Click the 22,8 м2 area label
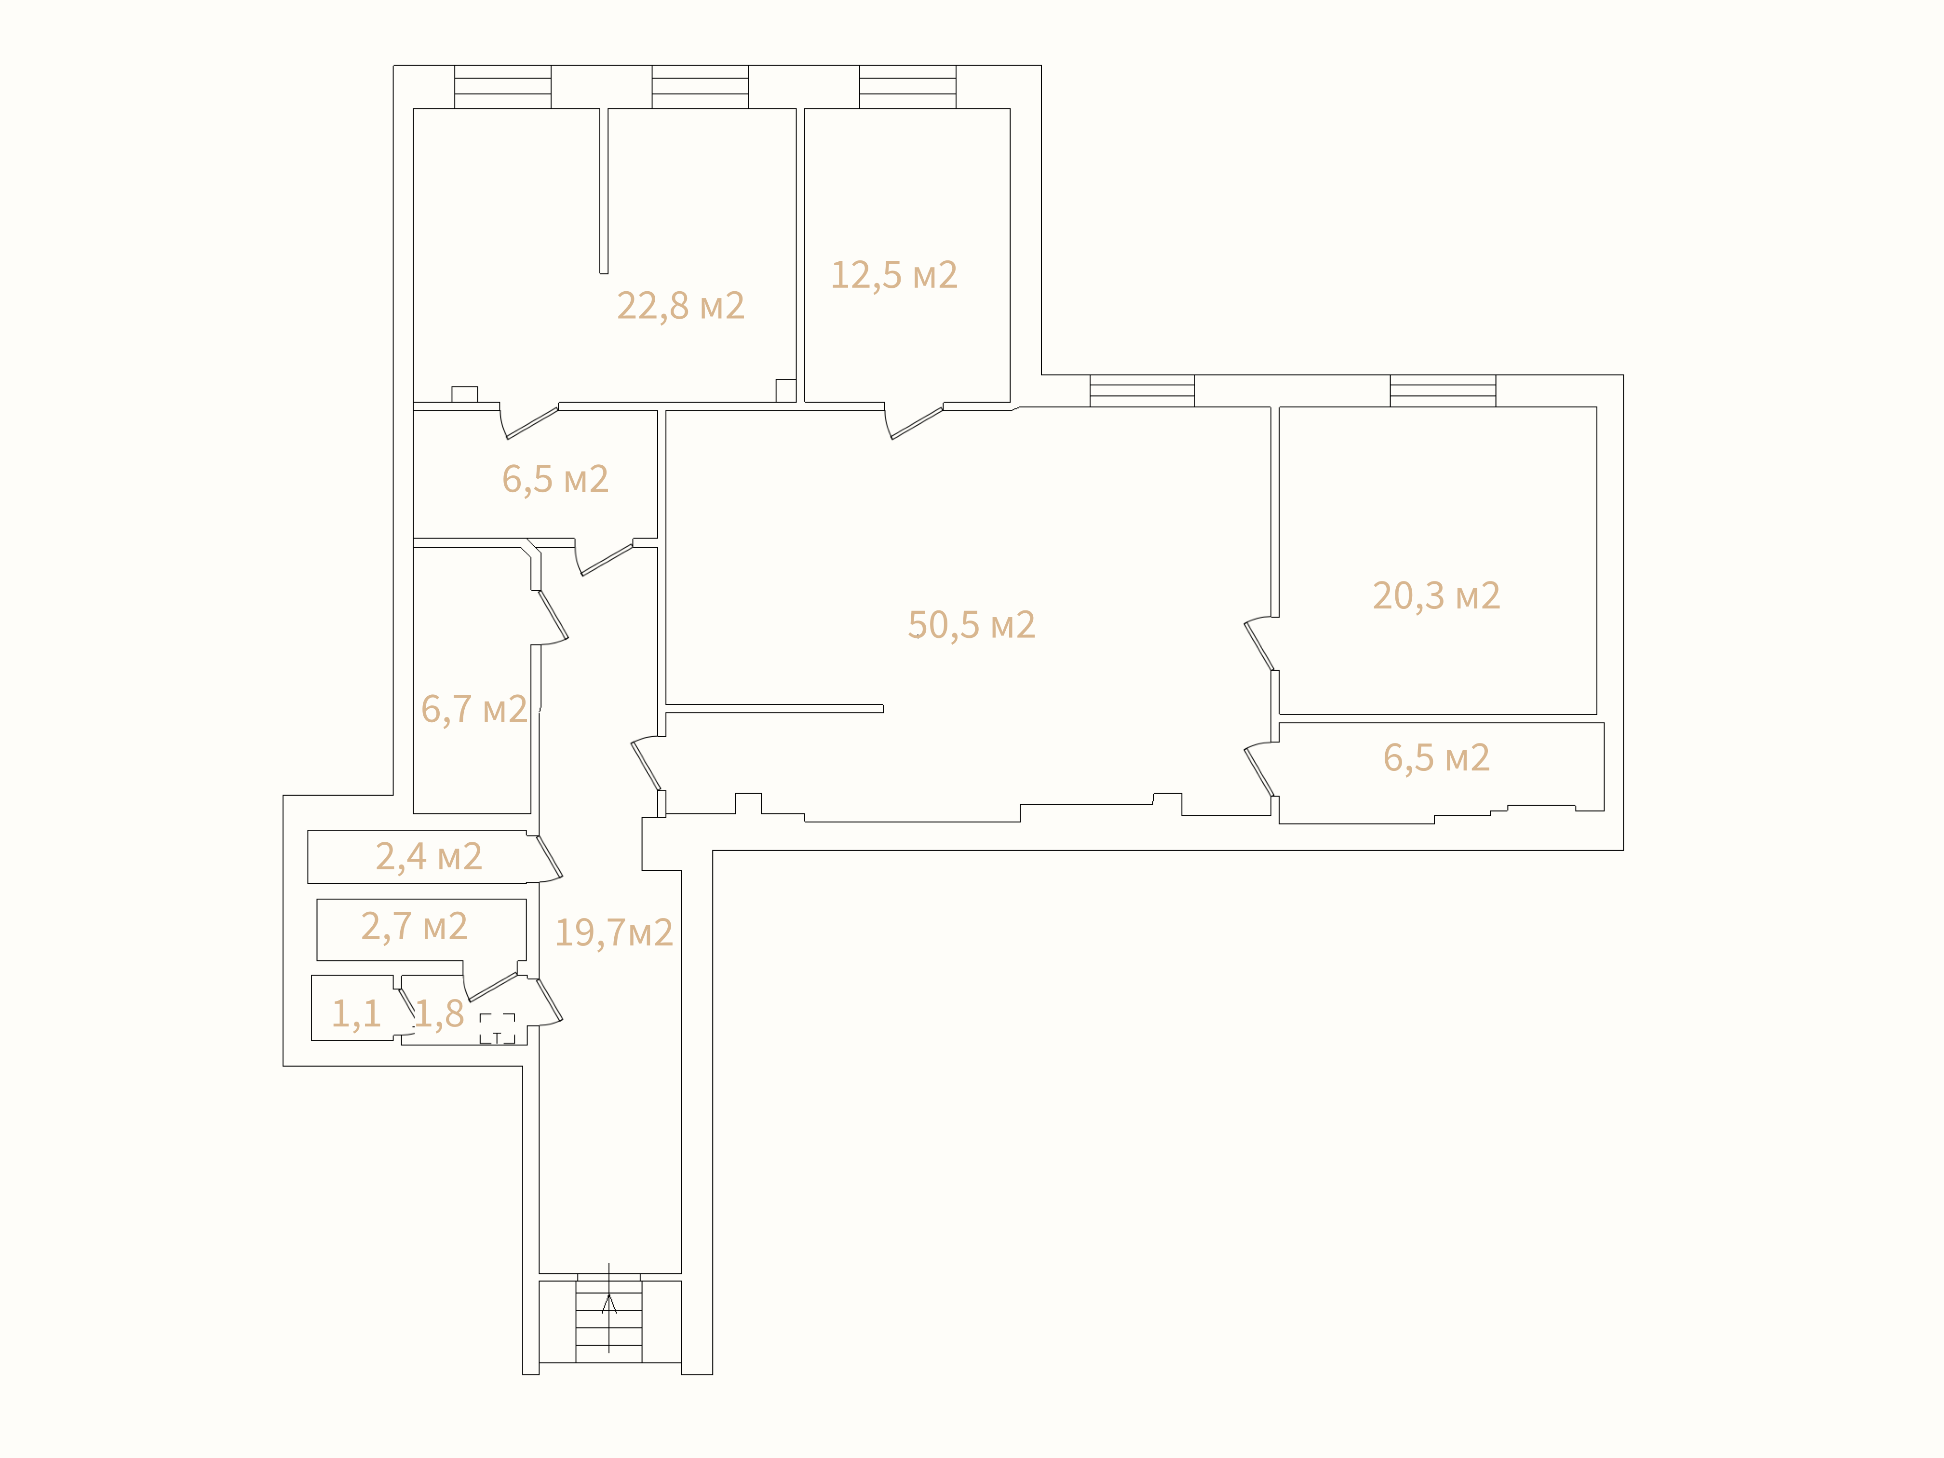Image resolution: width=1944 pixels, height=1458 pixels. (x=680, y=306)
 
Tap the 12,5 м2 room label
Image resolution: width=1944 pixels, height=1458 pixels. (x=894, y=275)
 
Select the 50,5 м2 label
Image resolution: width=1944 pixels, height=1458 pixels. (x=971, y=625)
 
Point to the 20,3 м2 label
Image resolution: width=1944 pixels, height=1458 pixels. (x=1436, y=596)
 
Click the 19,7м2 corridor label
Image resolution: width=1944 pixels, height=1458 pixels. (x=613, y=932)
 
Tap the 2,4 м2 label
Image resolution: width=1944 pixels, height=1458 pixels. (x=429, y=856)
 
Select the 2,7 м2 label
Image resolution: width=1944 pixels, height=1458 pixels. (x=414, y=926)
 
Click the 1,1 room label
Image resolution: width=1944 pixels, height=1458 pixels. (x=356, y=1013)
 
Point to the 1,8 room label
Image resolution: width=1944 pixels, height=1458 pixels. (x=439, y=1013)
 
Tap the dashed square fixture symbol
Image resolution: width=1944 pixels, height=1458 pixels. (x=498, y=1028)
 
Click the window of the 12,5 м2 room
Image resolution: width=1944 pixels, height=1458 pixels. (x=908, y=87)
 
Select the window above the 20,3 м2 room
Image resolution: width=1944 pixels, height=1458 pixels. (x=1443, y=391)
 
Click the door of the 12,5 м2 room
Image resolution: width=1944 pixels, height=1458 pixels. (x=914, y=422)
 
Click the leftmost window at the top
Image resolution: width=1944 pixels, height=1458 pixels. (x=503, y=87)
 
